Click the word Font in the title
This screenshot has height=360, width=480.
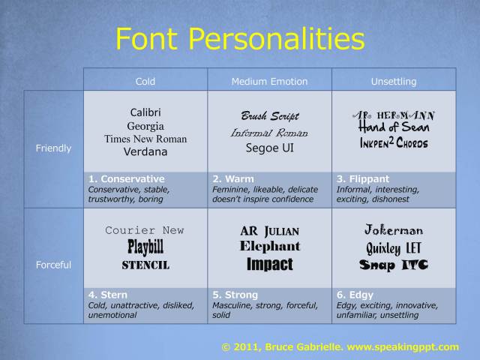tap(147, 38)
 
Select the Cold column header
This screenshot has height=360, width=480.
tap(145, 82)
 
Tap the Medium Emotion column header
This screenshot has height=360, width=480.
tap(269, 82)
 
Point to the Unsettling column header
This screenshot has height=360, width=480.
tap(394, 82)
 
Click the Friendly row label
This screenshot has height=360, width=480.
tap(53, 148)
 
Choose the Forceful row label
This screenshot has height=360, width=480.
tap(53, 265)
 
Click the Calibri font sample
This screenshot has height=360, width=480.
tap(145, 112)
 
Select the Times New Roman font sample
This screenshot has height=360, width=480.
tap(145, 139)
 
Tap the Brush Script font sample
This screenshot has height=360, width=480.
tap(270, 116)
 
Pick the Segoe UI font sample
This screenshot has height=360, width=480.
tap(270, 148)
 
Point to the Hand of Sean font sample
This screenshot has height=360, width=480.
tap(394, 127)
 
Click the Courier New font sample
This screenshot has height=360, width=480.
tap(145, 230)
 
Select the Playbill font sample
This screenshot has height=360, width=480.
tap(145, 247)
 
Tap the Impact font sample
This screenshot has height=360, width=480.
tap(270, 264)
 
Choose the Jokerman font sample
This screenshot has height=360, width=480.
tap(394, 229)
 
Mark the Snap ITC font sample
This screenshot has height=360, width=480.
tap(394, 265)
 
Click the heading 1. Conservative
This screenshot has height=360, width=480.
tap(127, 178)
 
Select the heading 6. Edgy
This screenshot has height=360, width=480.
tap(355, 295)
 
